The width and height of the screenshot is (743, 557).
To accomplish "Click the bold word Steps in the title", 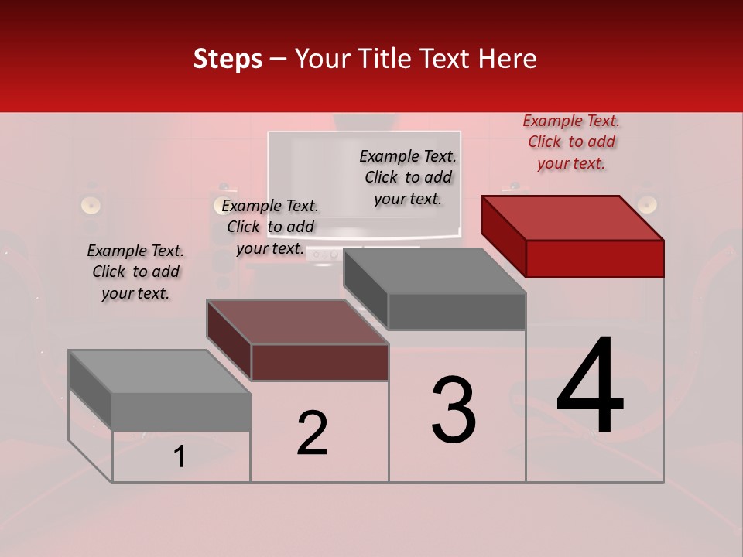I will pos(228,59).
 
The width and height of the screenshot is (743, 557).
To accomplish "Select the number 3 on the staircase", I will pos(454,410).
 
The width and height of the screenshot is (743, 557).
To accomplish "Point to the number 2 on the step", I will pos(312,433).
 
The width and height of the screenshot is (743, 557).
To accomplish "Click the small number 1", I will pos(180,456).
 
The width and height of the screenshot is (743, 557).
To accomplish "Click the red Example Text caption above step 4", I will pos(571,142).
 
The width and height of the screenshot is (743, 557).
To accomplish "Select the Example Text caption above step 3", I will pos(408,177).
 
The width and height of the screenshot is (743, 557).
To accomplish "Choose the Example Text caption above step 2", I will pos(270,227).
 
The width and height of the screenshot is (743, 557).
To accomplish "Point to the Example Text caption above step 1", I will pos(135,272).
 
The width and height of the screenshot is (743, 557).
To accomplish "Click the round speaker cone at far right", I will pos(647,203).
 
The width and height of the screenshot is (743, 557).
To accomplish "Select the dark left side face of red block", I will pos(504,235).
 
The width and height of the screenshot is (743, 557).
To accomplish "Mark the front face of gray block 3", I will pos(457,311).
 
